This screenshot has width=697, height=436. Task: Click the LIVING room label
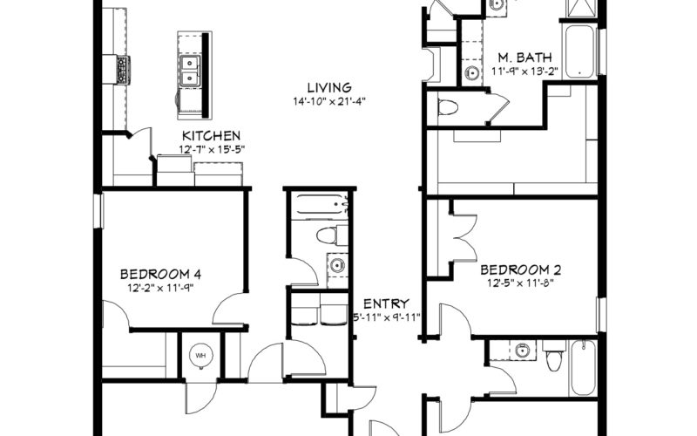(x=329, y=88)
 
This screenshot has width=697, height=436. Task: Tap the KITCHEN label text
(x=212, y=136)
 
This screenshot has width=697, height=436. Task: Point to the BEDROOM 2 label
(x=520, y=269)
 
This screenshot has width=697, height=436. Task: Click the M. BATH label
(x=524, y=58)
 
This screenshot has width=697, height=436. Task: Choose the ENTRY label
(x=386, y=303)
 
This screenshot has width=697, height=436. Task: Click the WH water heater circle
(x=201, y=356)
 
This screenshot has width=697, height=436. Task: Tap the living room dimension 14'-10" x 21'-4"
(x=329, y=101)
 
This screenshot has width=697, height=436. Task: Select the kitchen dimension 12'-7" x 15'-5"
(x=212, y=149)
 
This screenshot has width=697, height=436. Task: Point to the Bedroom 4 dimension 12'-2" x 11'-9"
(x=160, y=288)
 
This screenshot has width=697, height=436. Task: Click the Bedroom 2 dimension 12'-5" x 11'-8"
(x=520, y=283)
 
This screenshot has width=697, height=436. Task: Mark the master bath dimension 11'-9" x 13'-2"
(x=524, y=72)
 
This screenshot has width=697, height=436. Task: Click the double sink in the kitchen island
(x=190, y=72)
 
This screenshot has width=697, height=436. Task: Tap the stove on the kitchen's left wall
(x=123, y=70)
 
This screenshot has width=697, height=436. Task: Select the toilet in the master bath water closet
(x=448, y=107)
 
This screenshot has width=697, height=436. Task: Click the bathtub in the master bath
(x=579, y=52)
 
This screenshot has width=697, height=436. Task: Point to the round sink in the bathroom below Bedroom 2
(x=523, y=351)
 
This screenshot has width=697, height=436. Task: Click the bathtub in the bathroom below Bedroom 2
(x=583, y=368)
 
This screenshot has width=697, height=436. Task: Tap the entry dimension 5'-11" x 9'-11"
(x=386, y=317)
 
